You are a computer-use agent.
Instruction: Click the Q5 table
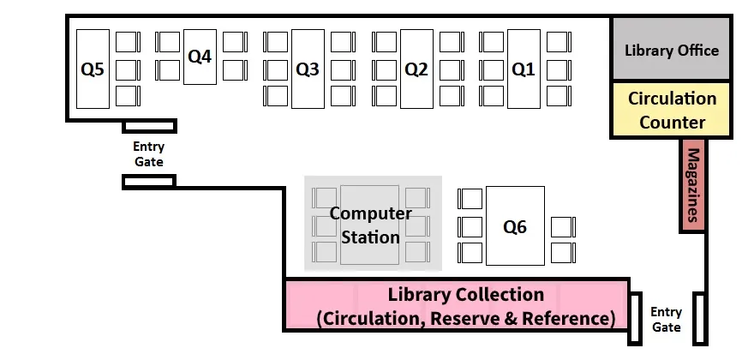93,69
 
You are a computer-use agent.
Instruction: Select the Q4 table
200,57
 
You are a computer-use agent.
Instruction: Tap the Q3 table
308,69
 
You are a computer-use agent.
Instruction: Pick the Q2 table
416,69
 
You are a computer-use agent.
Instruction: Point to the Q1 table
524,69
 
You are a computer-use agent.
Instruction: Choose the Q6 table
515,226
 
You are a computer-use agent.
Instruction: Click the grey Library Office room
671,50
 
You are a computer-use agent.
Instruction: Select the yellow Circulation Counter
671,110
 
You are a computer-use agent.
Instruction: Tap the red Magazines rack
692,186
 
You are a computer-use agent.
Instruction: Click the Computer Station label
371,225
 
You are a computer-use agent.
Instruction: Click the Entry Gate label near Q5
148,154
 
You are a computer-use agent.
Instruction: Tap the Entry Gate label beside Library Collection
666,320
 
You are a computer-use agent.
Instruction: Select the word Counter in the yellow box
672,122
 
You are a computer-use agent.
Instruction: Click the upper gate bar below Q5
150,126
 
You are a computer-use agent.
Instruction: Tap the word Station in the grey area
371,236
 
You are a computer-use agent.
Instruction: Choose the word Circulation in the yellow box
672,98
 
